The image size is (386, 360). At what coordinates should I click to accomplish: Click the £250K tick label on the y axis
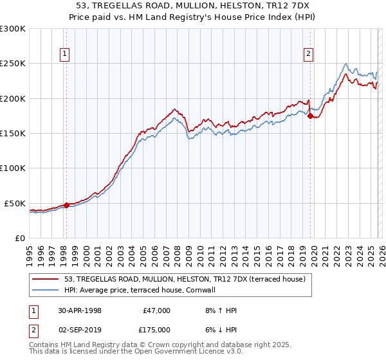13,64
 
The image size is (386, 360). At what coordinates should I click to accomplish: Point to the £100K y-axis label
13,168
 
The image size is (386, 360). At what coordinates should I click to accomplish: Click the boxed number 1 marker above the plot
66,55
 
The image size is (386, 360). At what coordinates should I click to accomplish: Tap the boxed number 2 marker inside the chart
309,55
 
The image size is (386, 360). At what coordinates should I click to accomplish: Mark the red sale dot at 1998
66,206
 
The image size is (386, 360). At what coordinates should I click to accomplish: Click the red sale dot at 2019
310,116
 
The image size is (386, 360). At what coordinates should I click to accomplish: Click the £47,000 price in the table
156,310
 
